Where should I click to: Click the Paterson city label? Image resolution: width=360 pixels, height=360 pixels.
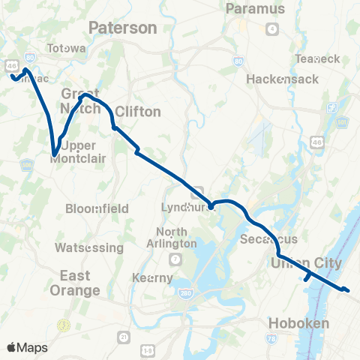122,28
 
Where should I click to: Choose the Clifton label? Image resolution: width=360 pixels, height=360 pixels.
137,112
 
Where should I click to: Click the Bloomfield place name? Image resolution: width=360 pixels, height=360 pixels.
97,208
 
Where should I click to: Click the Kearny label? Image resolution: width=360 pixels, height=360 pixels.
161,277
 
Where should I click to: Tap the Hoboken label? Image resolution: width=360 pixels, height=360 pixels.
298,324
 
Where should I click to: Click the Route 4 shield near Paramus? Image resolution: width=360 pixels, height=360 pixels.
272,28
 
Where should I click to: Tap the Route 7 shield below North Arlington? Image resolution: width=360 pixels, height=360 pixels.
175,259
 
